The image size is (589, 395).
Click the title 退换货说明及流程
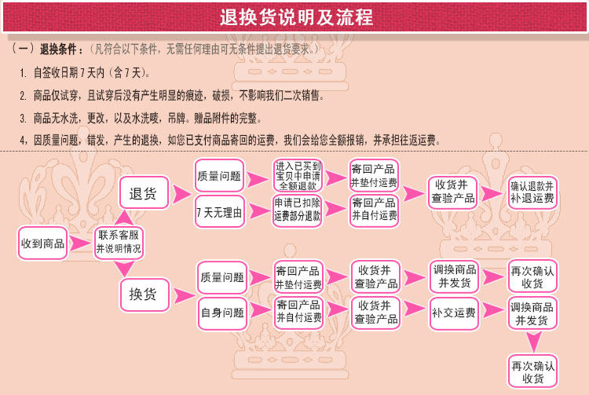(x=296, y=17)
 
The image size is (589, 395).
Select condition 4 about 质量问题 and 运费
(x=230, y=141)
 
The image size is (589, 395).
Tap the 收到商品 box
(x=42, y=243)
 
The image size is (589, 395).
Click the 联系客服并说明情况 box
(x=119, y=243)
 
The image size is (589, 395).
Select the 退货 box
(x=144, y=192)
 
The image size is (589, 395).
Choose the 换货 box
(x=145, y=294)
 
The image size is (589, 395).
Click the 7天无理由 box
(x=219, y=212)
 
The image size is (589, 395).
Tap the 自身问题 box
(x=222, y=313)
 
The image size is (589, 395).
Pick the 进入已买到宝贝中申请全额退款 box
(x=298, y=175)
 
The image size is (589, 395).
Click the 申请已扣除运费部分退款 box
(x=297, y=210)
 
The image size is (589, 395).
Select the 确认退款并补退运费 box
(x=532, y=192)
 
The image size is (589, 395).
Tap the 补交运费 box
(x=454, y=313)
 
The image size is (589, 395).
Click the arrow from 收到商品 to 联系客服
(x=80, y=243)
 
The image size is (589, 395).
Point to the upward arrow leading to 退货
(x=124, y=218)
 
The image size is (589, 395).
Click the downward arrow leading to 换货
(x=124, y=269)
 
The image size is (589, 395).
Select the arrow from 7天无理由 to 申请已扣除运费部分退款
(x=259, y=210)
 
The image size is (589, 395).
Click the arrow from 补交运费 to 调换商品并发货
(x=493, y=310)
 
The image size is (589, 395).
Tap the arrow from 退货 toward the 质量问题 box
(x=182, y=194)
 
